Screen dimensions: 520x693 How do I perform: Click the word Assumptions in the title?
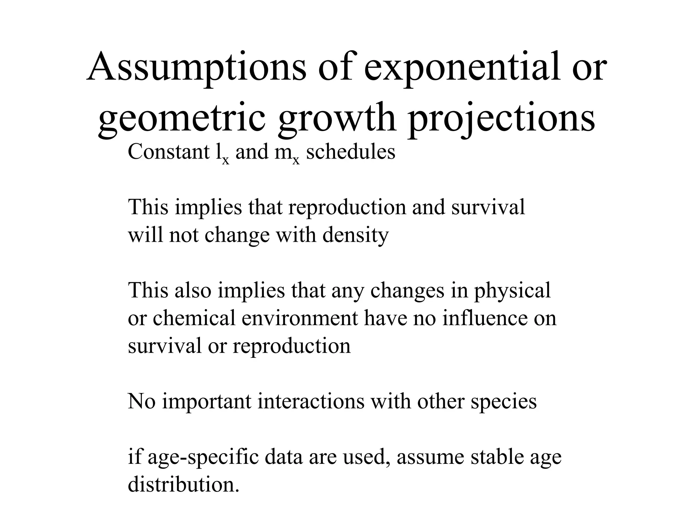(197, 68)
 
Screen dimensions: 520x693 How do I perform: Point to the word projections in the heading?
(501, 118)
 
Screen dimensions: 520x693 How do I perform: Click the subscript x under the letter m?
(296, 160)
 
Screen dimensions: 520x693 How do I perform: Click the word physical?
(512, 290)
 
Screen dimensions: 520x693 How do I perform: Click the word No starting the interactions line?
(141, 402)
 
